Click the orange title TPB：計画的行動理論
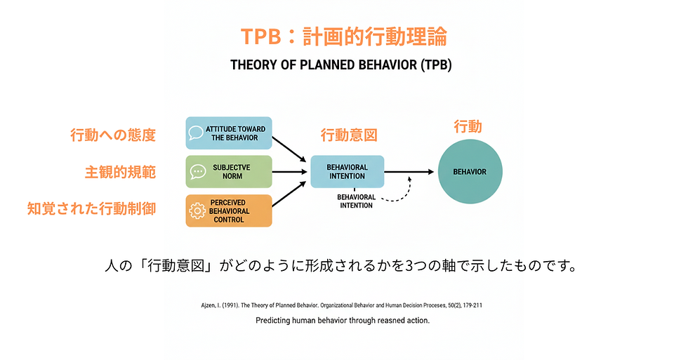(343, 36)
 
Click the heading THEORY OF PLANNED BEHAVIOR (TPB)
(340, 65)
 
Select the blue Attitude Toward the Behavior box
(229, 133)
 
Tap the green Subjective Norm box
(229, 172)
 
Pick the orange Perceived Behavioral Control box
(229, 211)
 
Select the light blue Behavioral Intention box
(348, 171)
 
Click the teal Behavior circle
(470, 171)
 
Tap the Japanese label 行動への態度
(112, 135)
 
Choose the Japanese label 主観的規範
(120, 172)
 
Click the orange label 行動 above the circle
(468, 127)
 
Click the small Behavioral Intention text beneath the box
(356, 201)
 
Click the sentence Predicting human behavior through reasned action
(343, 321)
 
